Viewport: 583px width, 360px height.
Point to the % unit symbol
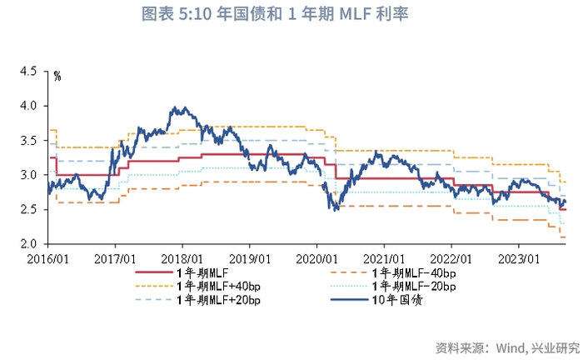[x=57, y=77]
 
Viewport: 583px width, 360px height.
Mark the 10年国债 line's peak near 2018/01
[x=172, y=107]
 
